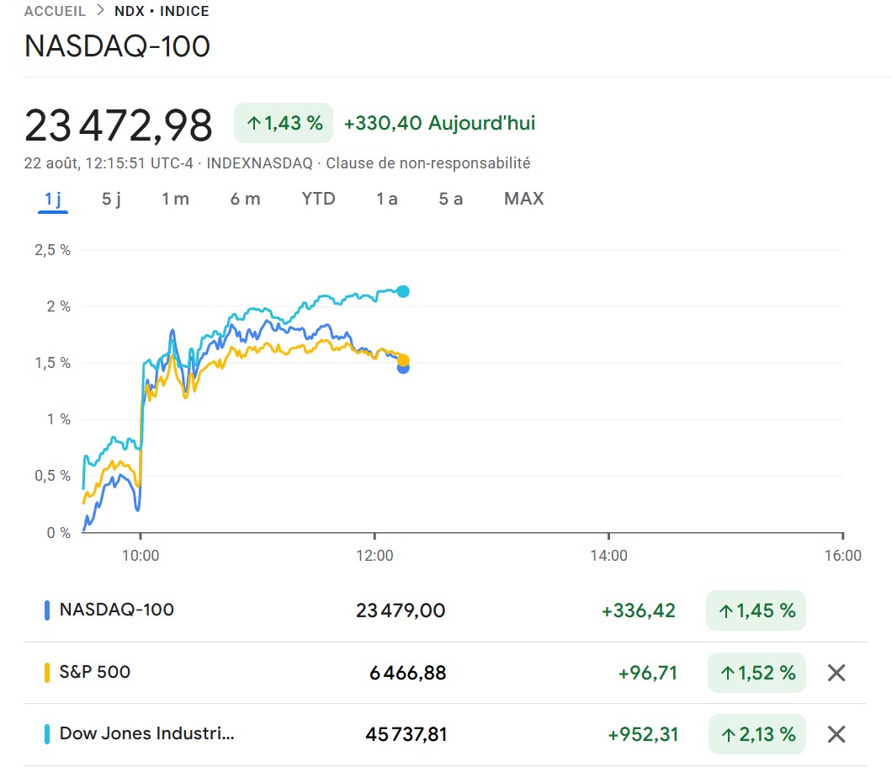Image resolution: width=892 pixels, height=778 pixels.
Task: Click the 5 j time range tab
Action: click(112, 199)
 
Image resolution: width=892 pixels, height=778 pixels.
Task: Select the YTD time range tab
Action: click(318, 199)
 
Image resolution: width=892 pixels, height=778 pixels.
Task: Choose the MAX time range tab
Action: click(523, 199)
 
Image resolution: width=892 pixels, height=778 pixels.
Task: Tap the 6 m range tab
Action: click(245, 199)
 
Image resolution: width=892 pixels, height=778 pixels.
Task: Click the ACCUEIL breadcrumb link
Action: click(56, 12)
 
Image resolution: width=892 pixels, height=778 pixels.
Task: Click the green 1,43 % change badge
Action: click(284, 123)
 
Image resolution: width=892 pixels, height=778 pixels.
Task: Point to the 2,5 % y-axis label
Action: click(52, 250)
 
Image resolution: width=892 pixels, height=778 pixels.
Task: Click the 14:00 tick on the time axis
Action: click(608, 556)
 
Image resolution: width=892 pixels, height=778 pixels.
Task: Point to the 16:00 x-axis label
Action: click(842, 556)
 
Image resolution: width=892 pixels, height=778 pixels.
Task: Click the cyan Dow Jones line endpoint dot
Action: click(403, 291)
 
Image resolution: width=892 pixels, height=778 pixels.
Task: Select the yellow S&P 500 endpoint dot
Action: click(403, 360)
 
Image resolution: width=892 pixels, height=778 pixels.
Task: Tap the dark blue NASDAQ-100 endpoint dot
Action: click(403, 368)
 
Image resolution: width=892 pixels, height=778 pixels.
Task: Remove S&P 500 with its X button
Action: click(836, 673)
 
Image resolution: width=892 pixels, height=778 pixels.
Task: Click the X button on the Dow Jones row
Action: click(836, 734)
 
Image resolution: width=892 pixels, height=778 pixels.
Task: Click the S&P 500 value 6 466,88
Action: click(407, 673)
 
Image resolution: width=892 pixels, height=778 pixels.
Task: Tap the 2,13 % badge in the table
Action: click(756, 734)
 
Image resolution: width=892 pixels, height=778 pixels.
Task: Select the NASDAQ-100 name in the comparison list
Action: click(116, 610)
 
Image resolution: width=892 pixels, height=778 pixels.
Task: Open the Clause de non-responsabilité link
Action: click(427, 163)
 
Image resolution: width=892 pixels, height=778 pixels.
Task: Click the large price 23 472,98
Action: click(119, 125)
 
